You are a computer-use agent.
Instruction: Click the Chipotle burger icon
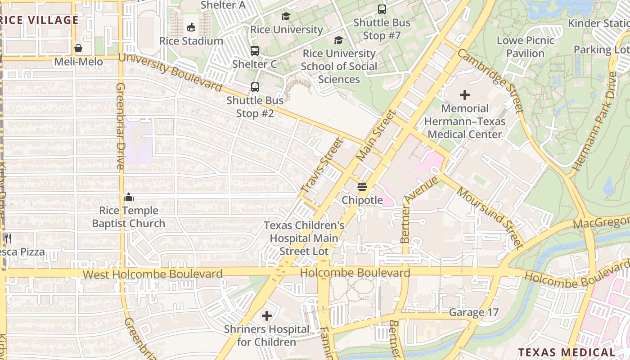pos(362,186)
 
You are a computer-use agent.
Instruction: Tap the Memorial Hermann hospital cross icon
pos(465,95)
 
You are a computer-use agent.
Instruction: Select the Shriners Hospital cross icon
pos(267,316)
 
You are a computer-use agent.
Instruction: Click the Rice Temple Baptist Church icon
pos(129,197)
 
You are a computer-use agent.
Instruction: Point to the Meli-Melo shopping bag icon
pos(78,48)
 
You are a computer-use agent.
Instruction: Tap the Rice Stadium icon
pos(191,27)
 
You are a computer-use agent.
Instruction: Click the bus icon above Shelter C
pos(255,51)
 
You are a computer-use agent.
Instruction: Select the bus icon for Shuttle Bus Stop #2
pos(255,87)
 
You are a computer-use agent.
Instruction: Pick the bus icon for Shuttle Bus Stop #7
pos(382,9)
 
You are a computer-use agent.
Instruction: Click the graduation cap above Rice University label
pos(286,17)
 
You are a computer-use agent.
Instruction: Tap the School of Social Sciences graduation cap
pos(338,40)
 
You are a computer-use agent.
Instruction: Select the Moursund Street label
pos(490,218)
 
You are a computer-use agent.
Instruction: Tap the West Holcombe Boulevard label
pos(153,274)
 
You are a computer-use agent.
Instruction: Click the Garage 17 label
pos(474,312)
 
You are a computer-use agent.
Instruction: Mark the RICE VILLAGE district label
pos(40,20)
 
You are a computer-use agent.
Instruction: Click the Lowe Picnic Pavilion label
pos(526,47)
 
